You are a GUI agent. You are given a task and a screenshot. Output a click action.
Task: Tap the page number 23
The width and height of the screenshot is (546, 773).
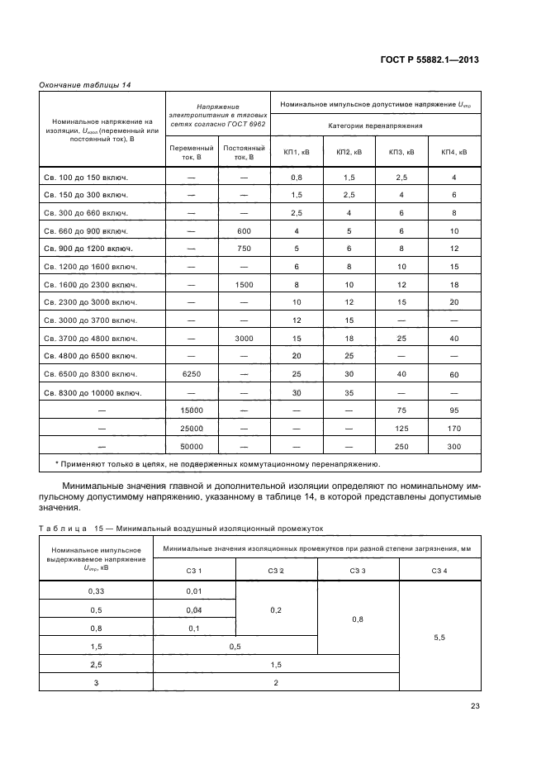[x=475, y=705]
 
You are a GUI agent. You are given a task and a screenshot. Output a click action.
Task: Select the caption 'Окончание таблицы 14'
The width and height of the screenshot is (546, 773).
[x=85, y=84]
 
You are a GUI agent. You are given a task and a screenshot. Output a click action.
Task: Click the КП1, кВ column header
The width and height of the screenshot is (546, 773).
[x=297, y=152]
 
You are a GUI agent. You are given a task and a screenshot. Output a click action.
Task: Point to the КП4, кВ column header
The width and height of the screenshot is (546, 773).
[x=453, y=152]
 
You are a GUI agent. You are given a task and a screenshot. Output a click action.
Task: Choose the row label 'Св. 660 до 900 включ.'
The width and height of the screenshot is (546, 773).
[x=84, y=230]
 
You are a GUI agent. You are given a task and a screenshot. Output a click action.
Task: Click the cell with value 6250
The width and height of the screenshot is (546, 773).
[x=191, y=374]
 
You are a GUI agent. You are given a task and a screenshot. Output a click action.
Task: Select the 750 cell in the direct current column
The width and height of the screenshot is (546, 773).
[x=243, y=248]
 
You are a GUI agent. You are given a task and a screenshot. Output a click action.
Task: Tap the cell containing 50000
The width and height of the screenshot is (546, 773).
[x=191, y=446]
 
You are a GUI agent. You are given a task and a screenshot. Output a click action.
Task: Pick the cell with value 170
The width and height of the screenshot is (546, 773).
[x=453, y=429]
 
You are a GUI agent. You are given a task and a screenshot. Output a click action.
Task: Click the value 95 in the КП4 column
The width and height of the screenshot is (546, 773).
[x=453, y=410]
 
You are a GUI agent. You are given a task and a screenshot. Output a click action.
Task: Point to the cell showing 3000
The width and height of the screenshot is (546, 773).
[x=243, y=339]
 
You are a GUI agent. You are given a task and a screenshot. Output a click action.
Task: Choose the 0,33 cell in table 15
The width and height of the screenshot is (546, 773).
[x=96, y=591]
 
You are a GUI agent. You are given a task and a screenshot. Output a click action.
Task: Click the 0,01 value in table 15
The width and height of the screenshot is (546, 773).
[x=194, y=591]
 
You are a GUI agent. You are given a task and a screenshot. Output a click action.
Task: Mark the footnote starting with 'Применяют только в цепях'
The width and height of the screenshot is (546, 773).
[x=217, y=464]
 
